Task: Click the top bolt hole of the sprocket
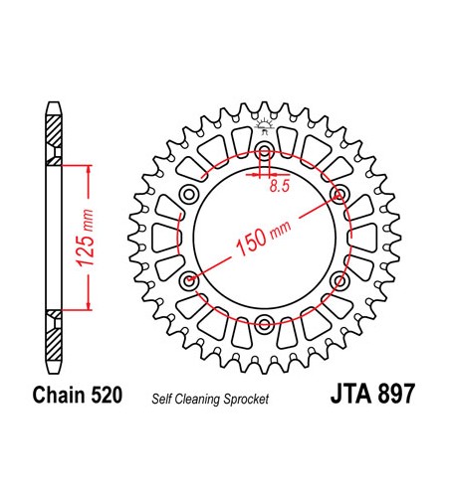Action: pos(264,152)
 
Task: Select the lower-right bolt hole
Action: pos(340,279)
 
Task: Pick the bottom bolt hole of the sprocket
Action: pos(264,322)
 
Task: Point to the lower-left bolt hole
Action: pos(189,280)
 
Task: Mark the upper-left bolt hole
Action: pos(189,194)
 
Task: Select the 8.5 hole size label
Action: pos(282,184)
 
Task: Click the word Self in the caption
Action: pos(162,398)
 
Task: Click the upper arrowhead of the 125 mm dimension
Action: pos(90,171)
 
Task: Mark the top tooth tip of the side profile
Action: pos(51,103)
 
